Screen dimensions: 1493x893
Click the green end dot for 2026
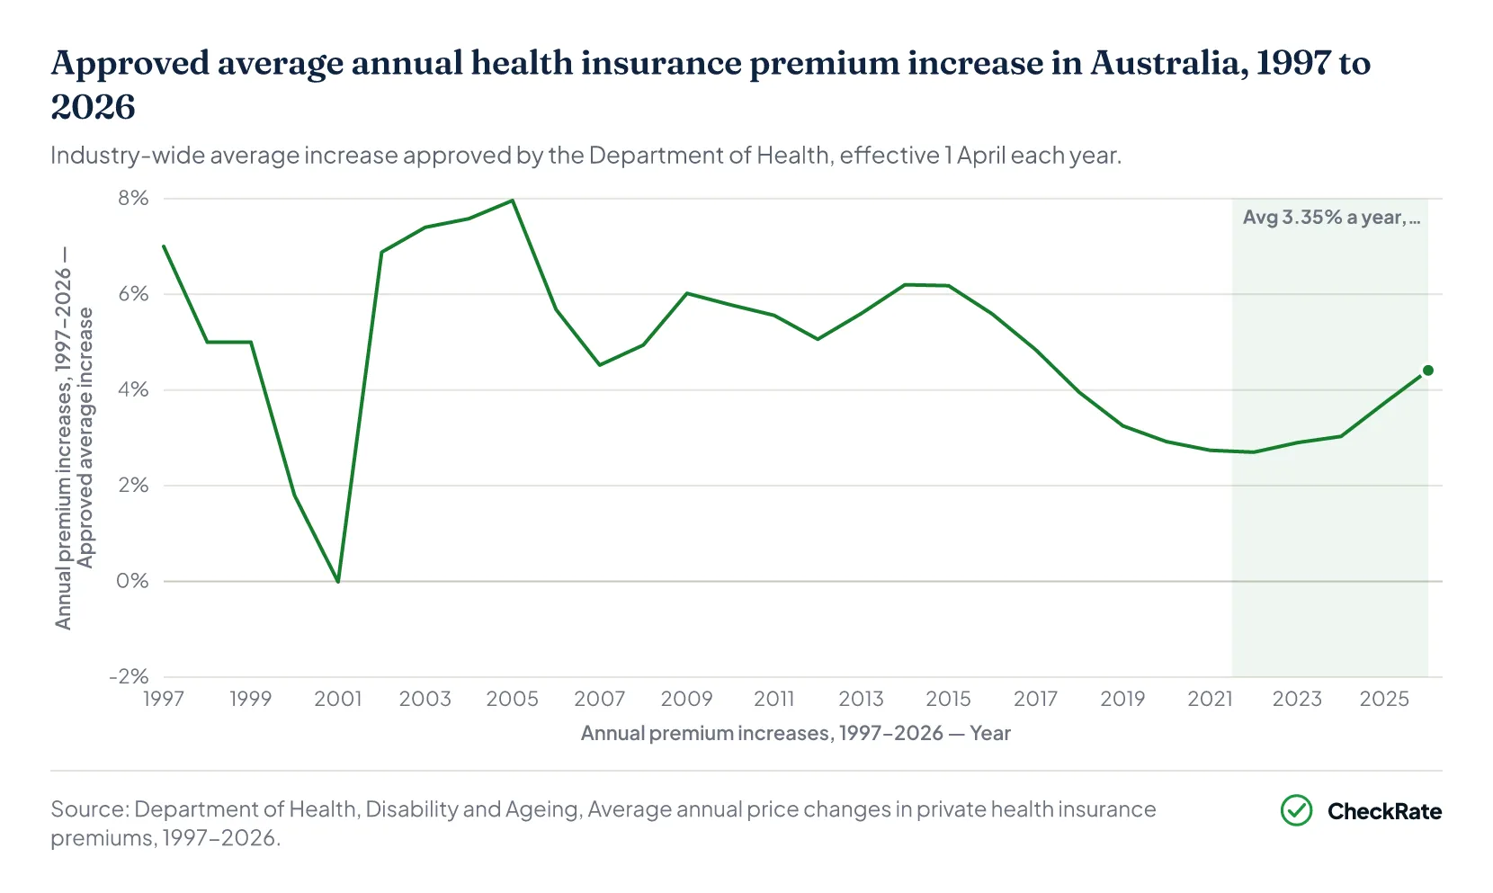(x=1427, y=371)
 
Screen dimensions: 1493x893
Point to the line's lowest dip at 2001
(x=338, y=582)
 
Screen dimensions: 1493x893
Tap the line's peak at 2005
(x=512, y=200)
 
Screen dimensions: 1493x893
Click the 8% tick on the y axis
(x=133, y=198)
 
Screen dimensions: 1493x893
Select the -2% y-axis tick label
(x=129, y=676)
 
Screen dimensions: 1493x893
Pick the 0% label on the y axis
(x=132, y=580)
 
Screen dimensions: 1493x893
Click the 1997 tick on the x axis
(x=164, y=699)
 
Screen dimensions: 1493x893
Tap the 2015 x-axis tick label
(x=949, y=699)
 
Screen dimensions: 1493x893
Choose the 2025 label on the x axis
(x=1384, y=699)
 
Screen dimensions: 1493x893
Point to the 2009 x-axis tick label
(x=686, y=699)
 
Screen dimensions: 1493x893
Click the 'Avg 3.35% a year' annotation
(x=1332, y=218)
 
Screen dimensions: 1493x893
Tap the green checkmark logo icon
(x=1296, y=810)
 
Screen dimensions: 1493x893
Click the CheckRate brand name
(x=1384, y=811)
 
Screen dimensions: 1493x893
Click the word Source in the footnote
(x=90, y=809)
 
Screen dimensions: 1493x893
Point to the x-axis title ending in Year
(x=796, y=733)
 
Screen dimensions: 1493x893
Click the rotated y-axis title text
(x=74, y=439)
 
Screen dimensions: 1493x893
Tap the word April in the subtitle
(x=981, y=156)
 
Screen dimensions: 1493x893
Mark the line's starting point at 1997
(x=164, y=246)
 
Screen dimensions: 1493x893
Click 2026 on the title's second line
(x=94, y=107)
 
